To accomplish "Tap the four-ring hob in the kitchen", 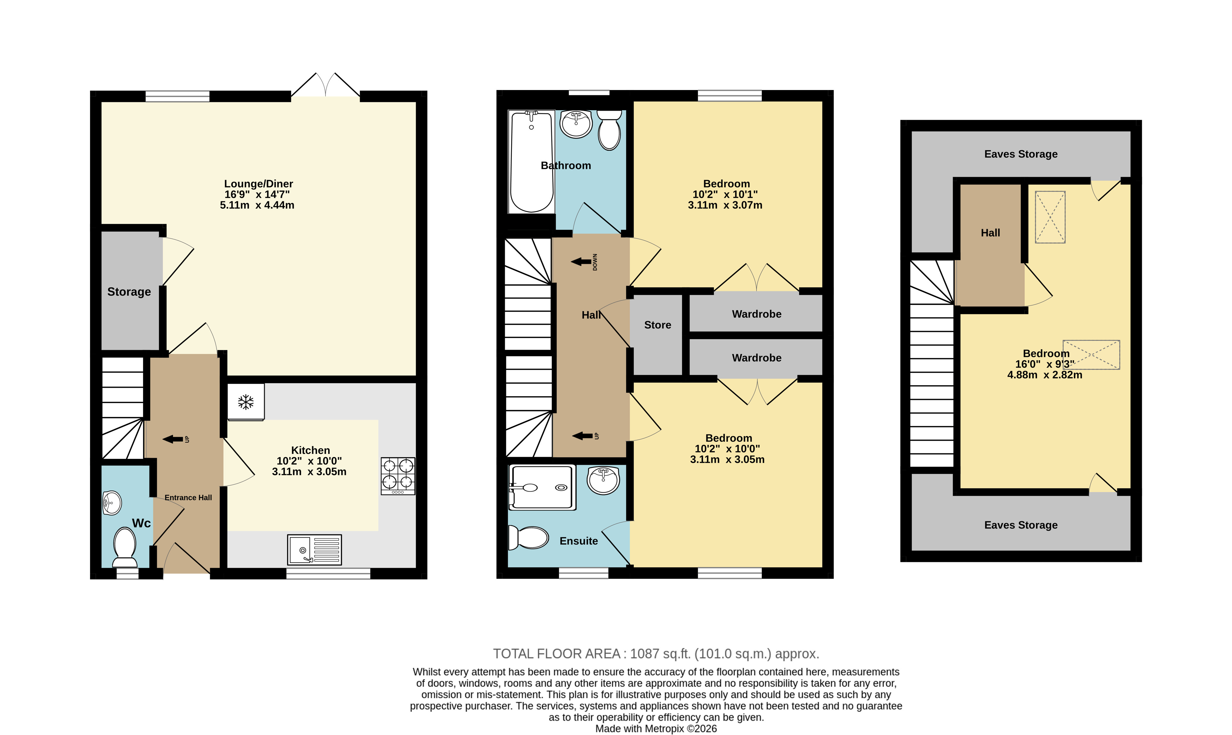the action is click(x=398, y=476).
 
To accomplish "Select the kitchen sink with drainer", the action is click(x=315, y=550).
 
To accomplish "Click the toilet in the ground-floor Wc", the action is click(x=125, y=547).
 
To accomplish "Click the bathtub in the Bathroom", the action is click(x=532, y=161).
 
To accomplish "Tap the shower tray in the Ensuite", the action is click(x=543, y=487).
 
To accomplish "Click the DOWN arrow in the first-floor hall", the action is click(x=581, y=262).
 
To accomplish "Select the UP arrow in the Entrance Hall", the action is click(x=173, y=439).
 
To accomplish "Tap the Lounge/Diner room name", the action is click(x=259, y=184).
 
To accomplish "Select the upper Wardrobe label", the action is click(x=756, y=314).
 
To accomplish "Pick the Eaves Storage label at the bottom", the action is click(x=1021, y=525).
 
